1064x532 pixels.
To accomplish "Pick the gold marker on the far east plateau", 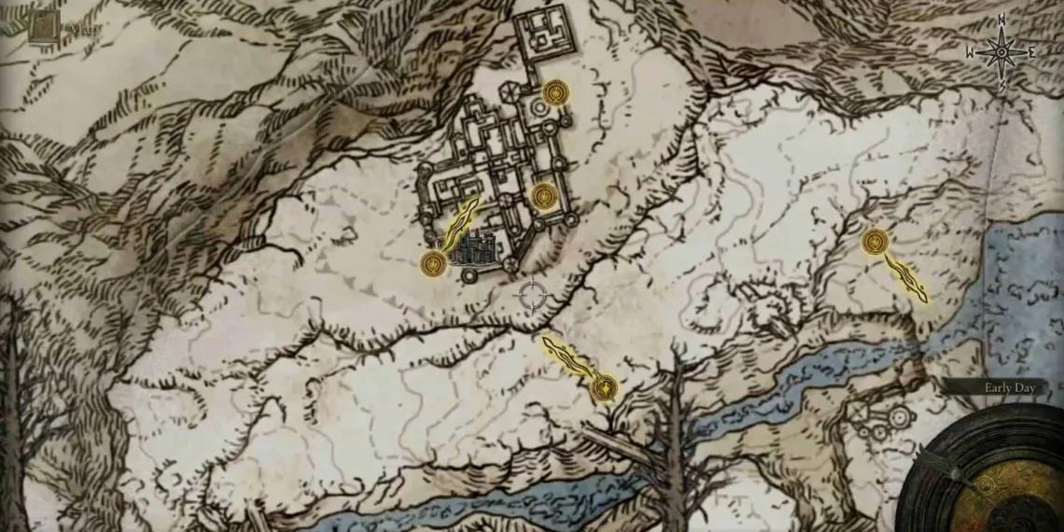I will pos(875,243).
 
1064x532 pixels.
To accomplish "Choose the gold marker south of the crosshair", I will pos(605,385).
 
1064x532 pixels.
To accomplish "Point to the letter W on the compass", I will pos(971,53).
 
